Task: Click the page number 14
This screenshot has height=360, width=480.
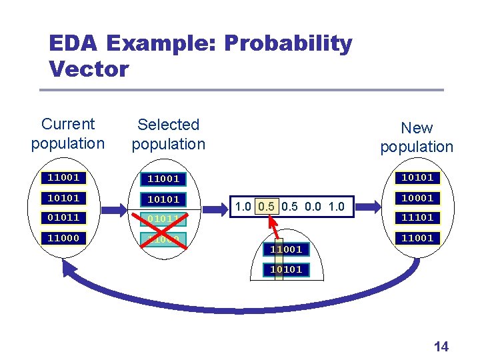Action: tap(441, 346)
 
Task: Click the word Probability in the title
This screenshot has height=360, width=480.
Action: tap(288, 44)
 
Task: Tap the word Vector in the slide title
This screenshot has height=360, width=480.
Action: tap(89, 68)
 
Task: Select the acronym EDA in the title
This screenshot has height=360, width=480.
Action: tap(73, 44)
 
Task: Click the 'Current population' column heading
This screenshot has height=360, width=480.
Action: tap(68, 133)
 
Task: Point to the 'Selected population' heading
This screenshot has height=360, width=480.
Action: tap(168, 134)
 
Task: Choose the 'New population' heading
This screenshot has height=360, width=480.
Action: tap(417, 137)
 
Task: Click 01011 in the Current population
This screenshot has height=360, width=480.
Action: tap(63, 217)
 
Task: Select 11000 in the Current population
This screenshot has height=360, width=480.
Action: tap(63, 238)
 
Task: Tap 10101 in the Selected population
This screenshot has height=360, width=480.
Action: tap(163, 199)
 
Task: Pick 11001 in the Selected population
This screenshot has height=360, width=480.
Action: tap(163, 179)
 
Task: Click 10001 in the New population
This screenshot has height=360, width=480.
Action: tap(417, 198)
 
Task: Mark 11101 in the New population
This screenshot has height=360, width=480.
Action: tap(417, 217)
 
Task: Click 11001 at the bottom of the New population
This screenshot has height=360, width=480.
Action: tap(417, 238)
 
